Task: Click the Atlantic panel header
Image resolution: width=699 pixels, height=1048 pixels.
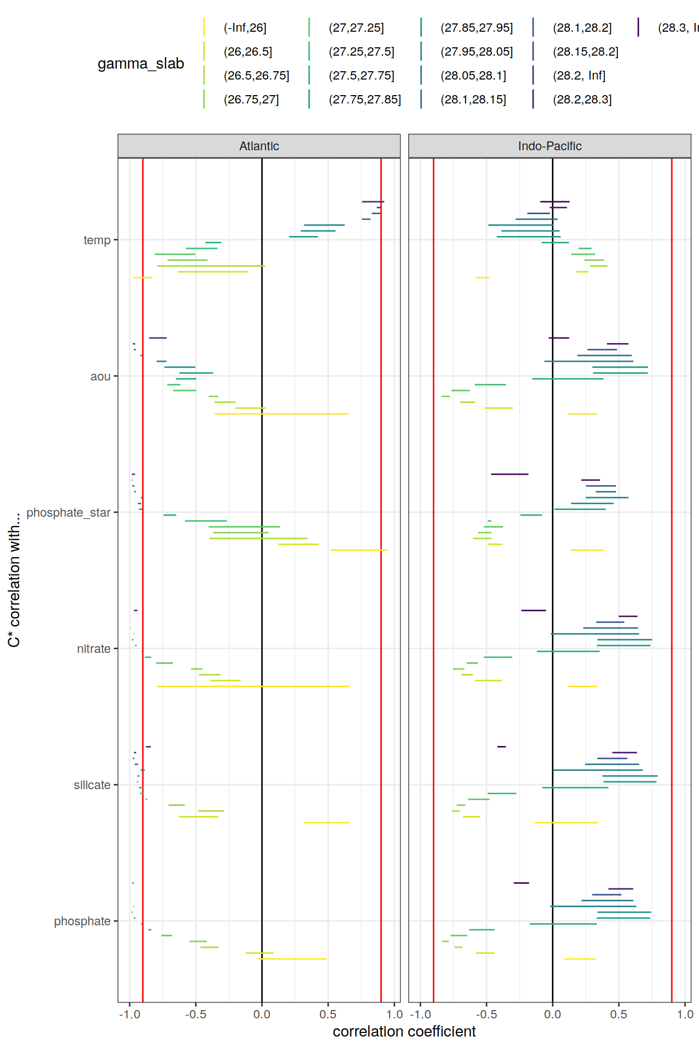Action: tap(259, 146)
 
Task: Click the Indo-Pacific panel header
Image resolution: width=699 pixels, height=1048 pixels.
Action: tap(549, 146)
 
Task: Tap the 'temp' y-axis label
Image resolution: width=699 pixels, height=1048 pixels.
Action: tap(97, 240)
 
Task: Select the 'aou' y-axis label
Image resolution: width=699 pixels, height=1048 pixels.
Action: tap(100, 376)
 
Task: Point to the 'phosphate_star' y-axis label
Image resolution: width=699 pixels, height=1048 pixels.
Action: tap(68, 513)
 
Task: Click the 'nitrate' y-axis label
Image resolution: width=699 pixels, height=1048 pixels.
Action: tap(94, 649)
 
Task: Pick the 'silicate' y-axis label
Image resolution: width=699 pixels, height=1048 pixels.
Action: tap(92, 785)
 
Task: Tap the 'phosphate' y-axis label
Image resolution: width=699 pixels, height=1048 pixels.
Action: tap(82, 921)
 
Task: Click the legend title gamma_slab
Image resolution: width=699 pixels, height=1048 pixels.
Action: tap(141, 63)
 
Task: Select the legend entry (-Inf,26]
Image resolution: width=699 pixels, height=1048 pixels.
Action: tap(245, 28)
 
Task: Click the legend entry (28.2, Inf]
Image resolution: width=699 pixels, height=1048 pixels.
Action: tap(579, 75)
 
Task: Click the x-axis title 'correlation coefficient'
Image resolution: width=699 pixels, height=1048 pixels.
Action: tap(404, 1031)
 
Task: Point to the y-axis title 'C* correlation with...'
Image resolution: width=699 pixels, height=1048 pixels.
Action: tap(14, 580)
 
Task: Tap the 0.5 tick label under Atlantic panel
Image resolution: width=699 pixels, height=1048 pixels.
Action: tap(328, 1014)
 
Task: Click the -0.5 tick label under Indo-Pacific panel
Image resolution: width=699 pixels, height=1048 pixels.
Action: tap(486, 1014)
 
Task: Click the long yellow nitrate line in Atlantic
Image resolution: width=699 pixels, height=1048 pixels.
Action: tap(253, 686)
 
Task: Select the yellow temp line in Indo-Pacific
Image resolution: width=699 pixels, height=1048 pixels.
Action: tap(482, 278)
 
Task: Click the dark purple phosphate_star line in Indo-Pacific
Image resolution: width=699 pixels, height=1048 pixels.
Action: tap(510, 474)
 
